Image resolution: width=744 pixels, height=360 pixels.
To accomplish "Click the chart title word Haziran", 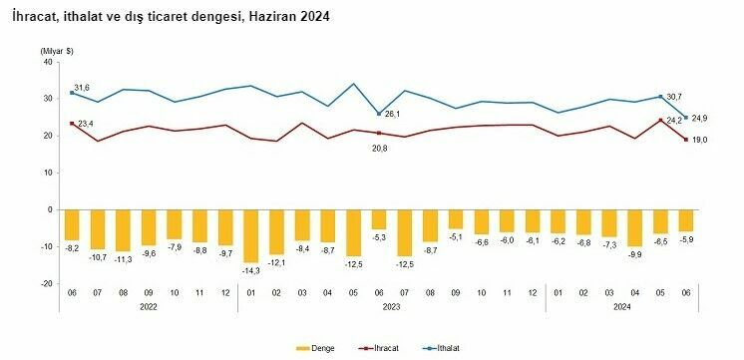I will [267, 17].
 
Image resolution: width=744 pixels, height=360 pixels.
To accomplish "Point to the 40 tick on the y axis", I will [46, 62].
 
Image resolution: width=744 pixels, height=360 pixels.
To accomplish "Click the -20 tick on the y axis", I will [44, 283].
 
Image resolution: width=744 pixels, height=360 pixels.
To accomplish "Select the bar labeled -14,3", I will [250, 235].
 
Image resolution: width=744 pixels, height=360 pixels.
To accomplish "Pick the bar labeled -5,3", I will [380, 219].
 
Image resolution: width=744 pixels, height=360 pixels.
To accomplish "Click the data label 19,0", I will [699, 140].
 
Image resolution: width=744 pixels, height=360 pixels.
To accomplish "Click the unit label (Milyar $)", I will [57, 50].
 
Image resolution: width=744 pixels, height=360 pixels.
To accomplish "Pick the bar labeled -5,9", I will [685, 220].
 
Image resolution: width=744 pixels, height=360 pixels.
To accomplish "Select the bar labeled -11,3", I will [122, 230].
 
